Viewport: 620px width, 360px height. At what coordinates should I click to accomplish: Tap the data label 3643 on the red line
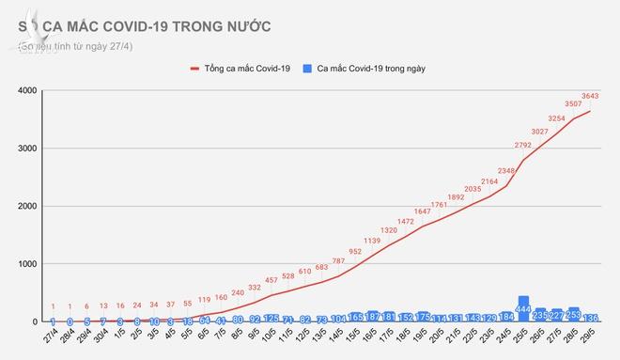[x=591, y=95]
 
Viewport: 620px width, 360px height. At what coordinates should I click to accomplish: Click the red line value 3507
[x=568, y=103]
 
